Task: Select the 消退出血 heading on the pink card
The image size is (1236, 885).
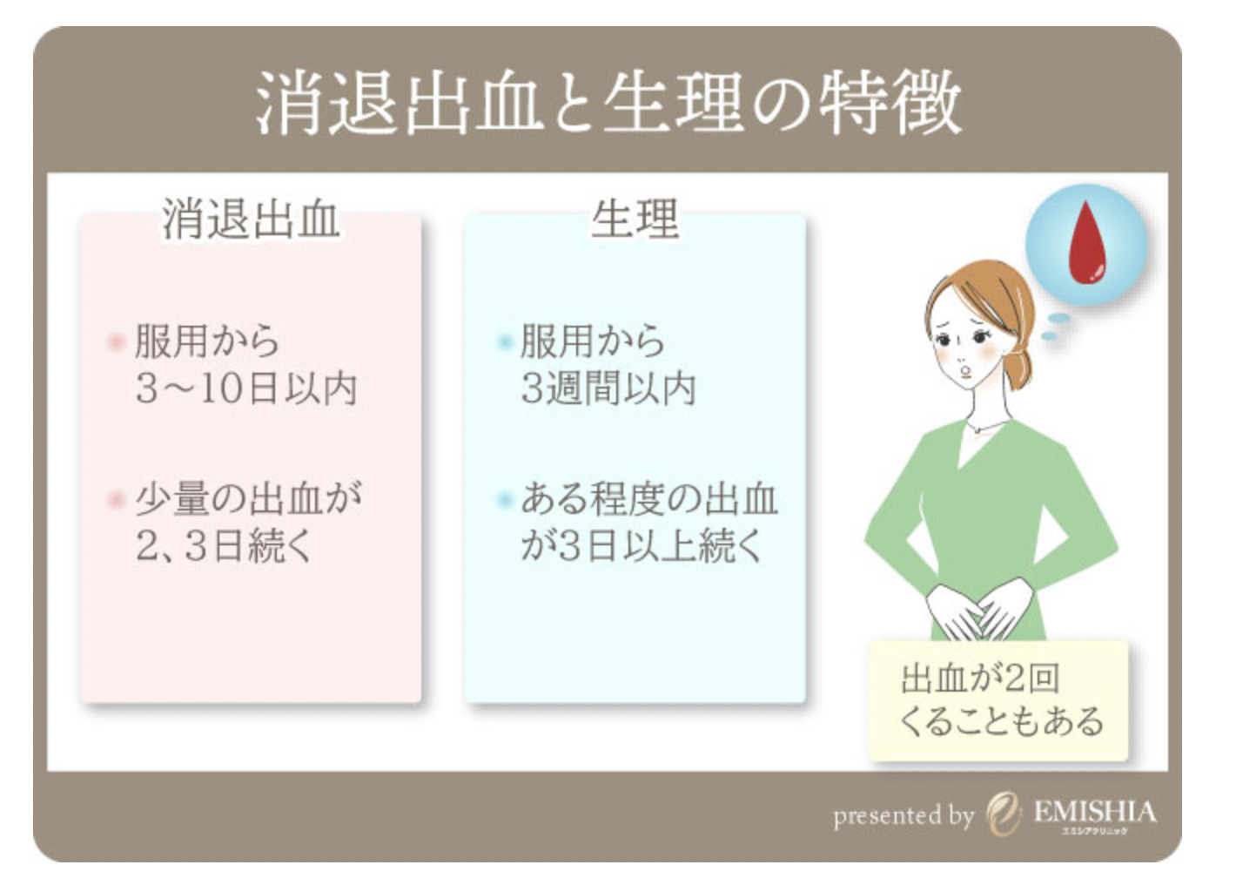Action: click(251, 220)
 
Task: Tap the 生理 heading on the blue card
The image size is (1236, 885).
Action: click(635, 220)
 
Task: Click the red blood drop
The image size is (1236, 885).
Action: click(1087, 243)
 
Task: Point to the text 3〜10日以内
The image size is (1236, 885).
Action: click(246, 388)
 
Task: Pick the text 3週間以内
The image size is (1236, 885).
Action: click(608, 388)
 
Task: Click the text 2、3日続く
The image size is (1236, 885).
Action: click(224, 546)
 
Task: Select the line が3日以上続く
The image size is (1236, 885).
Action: click(642, 546)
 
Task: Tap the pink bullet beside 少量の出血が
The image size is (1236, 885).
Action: click(116, 500)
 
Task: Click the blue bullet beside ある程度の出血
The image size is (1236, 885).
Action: click(504, 500)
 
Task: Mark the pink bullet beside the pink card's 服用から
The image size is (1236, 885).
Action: click(116, 342)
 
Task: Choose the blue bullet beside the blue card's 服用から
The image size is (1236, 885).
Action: click(504, 342)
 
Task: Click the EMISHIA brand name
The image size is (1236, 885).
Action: click(1095, 812)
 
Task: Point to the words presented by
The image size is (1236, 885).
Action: click(903, 816)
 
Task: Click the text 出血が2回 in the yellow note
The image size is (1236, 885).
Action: click(980, 679)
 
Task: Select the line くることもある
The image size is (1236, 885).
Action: click(1002, 721)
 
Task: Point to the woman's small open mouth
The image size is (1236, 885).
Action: click(965, 370)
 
